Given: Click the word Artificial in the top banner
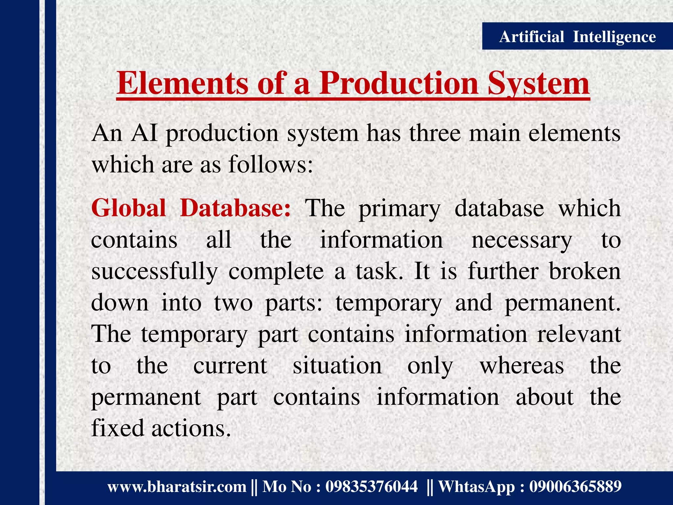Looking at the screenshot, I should tap(531, 36).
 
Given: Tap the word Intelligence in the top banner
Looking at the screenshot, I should tap(614, 36).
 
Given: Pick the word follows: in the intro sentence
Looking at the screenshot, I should tap(270, 164).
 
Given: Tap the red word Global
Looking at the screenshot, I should tap(128, 208).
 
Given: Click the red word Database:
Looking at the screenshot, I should tap(235, 208).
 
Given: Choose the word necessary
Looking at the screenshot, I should tap(522, 241).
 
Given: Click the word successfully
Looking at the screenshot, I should tap(154, 272).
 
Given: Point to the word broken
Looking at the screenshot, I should tap(585, 272).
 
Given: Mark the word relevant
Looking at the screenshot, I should tap(579, 334).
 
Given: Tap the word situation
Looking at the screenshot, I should tap(337, 366).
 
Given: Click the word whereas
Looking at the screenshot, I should tap(522, 366).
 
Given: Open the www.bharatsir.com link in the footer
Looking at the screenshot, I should tap(177, 486).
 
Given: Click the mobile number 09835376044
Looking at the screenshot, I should tap(371, 486).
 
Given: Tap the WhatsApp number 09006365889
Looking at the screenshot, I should tap(575, 486).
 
